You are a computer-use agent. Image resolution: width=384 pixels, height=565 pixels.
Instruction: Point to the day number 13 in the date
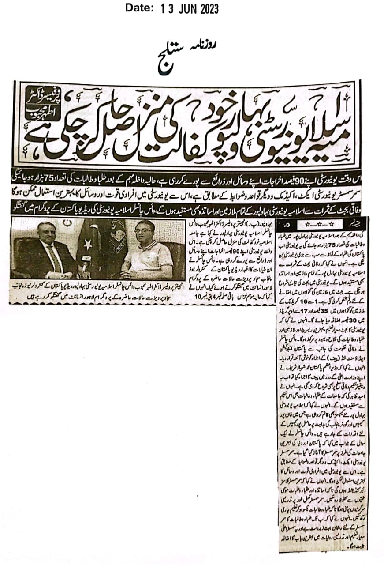click(x=166, y=8)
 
